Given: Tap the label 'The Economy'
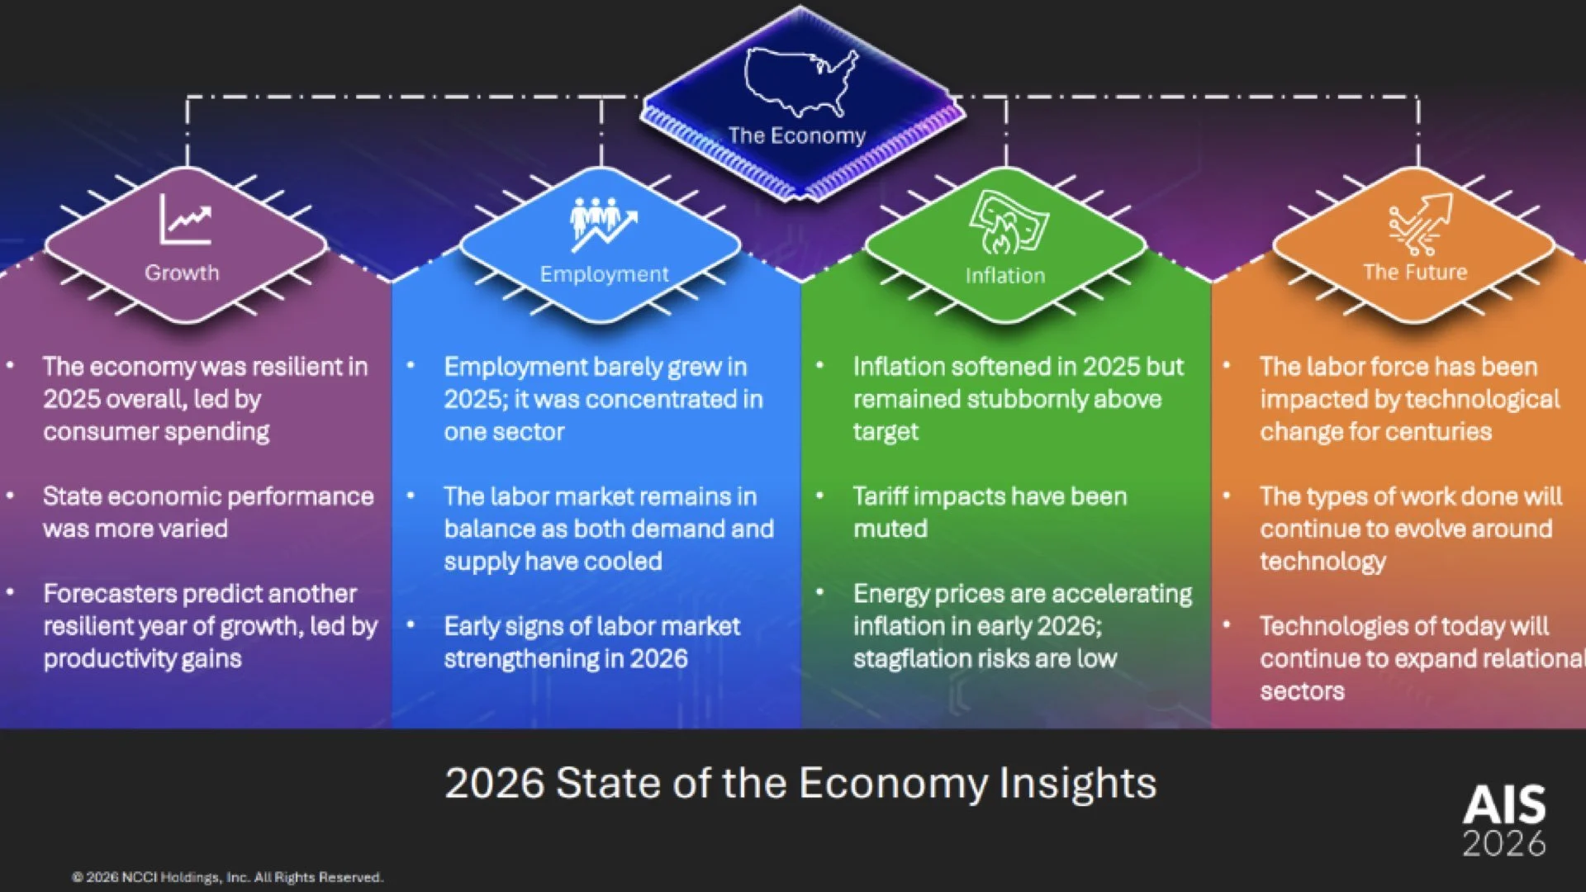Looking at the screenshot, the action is [796, 135].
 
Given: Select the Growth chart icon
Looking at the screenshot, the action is [185, 219].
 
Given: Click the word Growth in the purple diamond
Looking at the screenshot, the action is [182, 273].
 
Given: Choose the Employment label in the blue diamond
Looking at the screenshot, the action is [604, 274].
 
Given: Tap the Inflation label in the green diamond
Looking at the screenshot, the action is [1005, 275].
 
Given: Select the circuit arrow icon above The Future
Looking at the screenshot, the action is [1420, 224].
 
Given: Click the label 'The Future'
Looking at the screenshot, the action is [1415, 272].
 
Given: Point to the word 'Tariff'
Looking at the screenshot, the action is [880, 496].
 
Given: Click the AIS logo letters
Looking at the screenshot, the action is [1504, 804].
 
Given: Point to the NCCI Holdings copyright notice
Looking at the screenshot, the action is [227, 877].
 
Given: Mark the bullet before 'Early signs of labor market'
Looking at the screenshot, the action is [411, 624].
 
